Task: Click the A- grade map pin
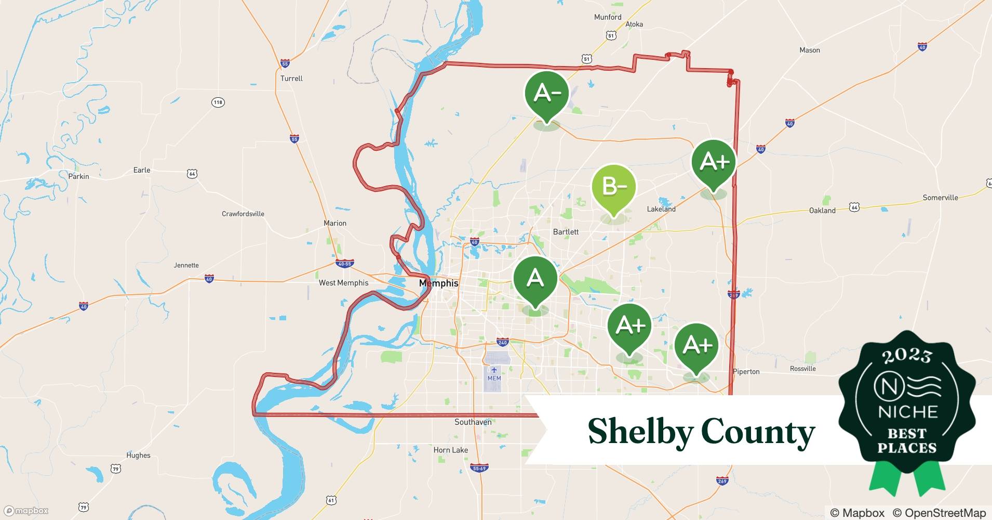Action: tap(547, 94)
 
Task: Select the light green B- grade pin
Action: tap(614, 186)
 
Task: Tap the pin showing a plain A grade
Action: tap(535, 279)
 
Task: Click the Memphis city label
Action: tap(439, 283)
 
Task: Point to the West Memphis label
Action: tap(343, 283)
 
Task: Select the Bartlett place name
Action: tap(566, 232)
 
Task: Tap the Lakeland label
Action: tap(661, 209)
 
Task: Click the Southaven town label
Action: tap(473, 422)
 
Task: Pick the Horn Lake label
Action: tap(451, 450)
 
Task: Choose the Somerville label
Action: tap(940, 198)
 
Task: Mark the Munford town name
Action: tap(608, 17)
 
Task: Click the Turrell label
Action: tap(291, 79)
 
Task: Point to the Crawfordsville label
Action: tap(243, 214)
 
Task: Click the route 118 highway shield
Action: tap(218, 102)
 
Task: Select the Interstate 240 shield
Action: tap(502, 342)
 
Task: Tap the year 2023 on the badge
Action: tap(907, 356)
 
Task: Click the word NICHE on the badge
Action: tap(908, 412)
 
